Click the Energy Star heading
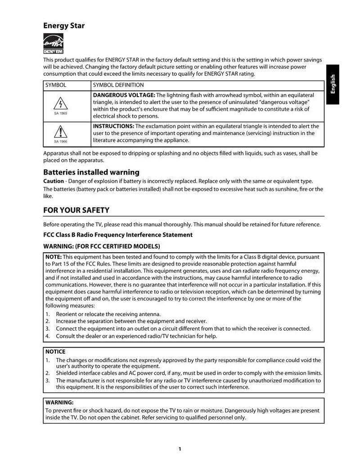[x=63, y=26]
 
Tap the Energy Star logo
[x=53, y=45]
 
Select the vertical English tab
[x=333, y=85]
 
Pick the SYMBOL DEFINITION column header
[x=118, y=85]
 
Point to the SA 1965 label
[x=60, y=113]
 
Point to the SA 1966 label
[x=60, y=141]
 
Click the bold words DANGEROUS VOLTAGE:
[x=124, y=95]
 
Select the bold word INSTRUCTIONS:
[x=113, y=126]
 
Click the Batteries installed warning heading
[x=91, y=172]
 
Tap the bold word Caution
[x=53, y=181]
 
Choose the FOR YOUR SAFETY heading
[x=76, y=210]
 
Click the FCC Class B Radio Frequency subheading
[x=117, y=235]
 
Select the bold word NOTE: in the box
[x=54, y=257]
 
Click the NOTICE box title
[x=55, y=352]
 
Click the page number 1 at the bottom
[x=180, y=448]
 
